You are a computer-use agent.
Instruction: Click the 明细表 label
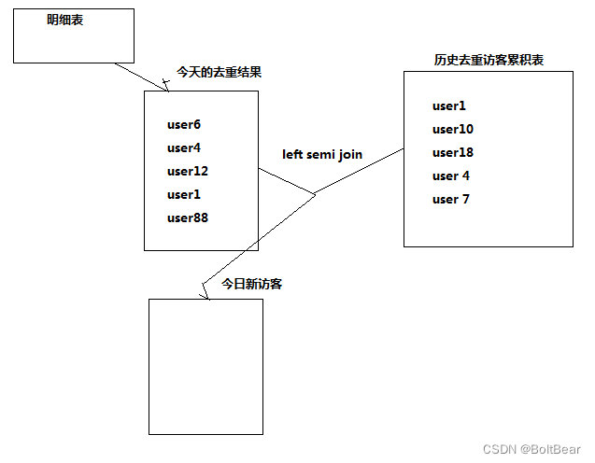[x=65, y=20]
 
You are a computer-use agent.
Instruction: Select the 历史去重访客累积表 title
[x=489, y=60]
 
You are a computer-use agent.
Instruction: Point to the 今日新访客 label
[x=252, y=284]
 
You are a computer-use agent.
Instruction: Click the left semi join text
[x=322, y=154]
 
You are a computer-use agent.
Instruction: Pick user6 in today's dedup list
[x=184, y=124]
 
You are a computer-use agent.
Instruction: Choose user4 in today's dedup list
[x=184, y=147]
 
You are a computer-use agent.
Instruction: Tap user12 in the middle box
[x=188, y=171]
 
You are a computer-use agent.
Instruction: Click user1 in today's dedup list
[x=184, y=194]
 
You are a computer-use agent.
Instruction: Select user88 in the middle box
[x=188, y=217]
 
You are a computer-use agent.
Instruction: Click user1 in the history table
[x=449, y=105]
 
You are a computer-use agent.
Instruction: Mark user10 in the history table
[x=453, y=129]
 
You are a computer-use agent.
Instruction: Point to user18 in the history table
[x=453, y=152]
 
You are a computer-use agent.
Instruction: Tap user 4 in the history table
[x=451, y=175]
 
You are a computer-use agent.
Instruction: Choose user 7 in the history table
[x=451, y=199]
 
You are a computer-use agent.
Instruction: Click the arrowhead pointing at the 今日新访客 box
[x=206, y=291]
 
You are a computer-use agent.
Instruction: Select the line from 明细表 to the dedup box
[x=140, y=77]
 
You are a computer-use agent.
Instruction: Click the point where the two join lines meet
[x=315, y=193]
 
